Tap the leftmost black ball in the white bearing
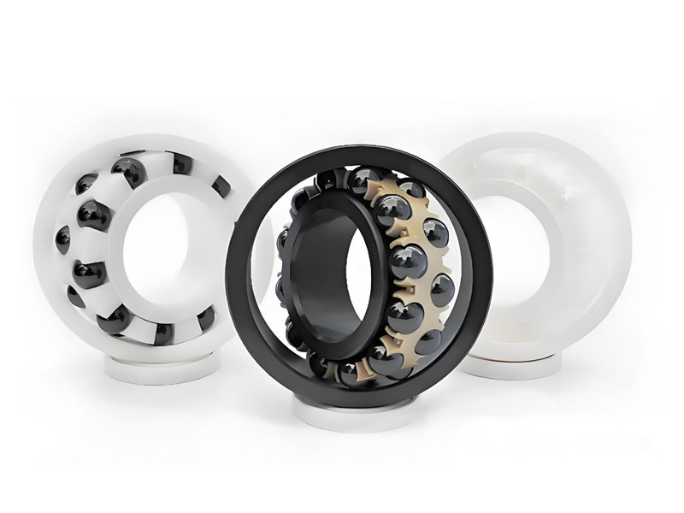pos(62,239)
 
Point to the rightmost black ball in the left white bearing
pos(221,186)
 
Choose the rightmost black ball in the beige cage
pos(442,289)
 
